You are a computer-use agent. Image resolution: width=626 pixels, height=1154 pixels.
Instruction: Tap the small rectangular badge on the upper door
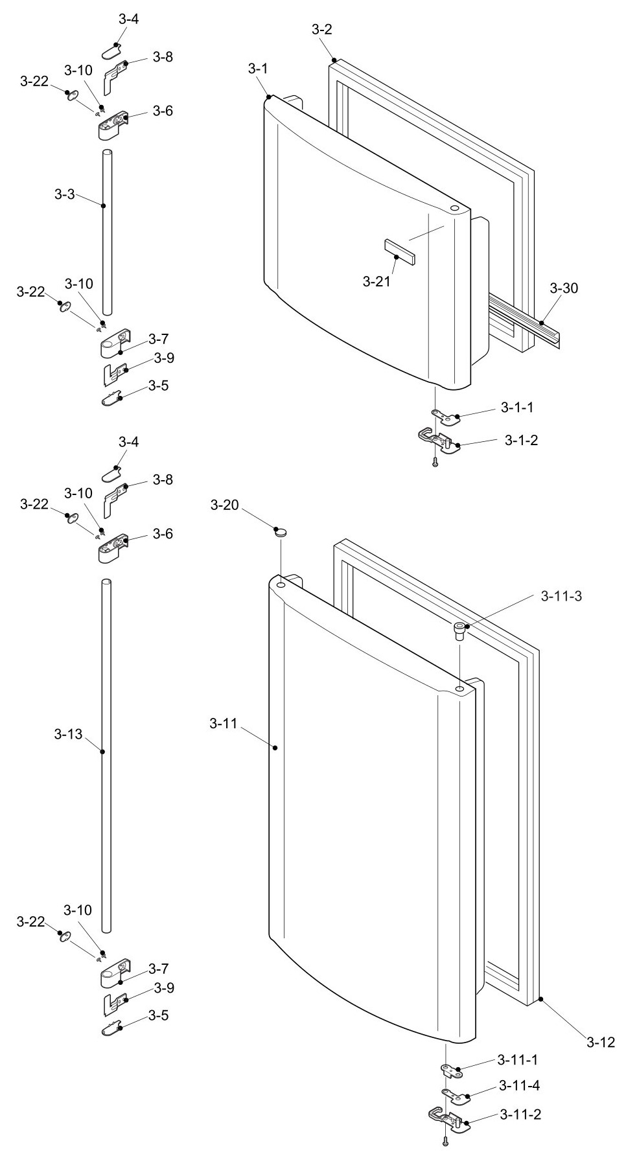[399, 251]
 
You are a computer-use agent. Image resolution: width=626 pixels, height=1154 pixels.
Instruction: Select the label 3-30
[564, 288]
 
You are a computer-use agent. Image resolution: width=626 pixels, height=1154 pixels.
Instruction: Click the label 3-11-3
[561, 596]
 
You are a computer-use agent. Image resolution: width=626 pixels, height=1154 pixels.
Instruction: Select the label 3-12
[601, 1043]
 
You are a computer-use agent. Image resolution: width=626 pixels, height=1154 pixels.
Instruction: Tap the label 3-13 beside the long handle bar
[68, 734]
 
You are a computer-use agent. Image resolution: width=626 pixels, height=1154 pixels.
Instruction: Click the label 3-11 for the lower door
[223, 724]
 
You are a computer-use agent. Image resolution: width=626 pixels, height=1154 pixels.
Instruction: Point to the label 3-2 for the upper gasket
[322, 29]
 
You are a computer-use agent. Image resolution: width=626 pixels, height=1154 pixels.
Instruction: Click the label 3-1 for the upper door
[257, 68]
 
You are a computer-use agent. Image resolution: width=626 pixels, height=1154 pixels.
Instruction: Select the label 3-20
[224, 505]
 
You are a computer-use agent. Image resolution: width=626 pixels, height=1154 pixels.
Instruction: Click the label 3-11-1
[518, 1060]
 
